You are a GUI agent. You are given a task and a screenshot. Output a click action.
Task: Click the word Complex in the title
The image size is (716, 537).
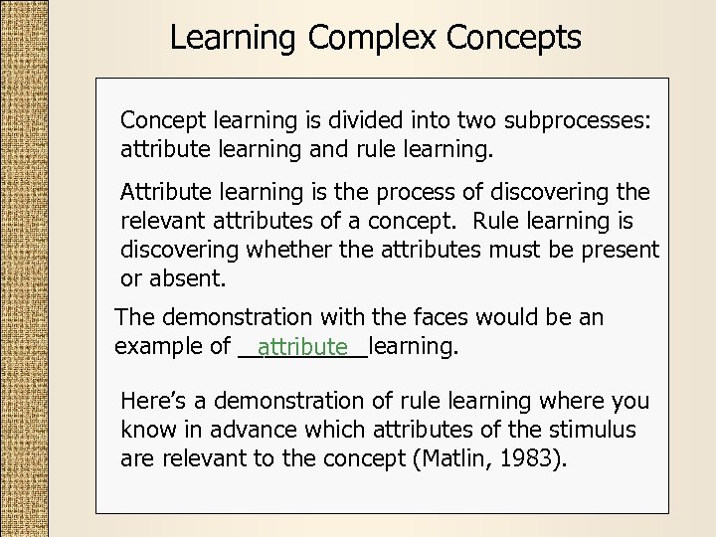click(x=374, y=38)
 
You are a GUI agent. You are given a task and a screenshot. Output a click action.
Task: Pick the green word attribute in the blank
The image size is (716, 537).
click(x=302, y=347)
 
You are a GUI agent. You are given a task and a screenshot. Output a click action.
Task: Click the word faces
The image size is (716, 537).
click(x=437, y=318)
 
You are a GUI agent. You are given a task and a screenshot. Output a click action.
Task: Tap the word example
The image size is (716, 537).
click(x=157, y=347)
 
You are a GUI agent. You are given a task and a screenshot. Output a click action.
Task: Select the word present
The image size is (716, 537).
click(x=622, y=249)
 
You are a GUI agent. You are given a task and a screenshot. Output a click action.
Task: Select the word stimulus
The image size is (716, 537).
click(x=593, y=430)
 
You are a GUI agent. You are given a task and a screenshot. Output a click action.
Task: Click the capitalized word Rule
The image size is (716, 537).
click(x=497, y=220)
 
